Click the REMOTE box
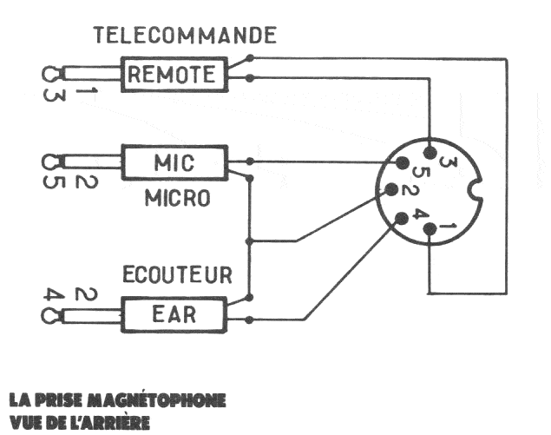click(173, 75)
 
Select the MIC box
click(173, 161)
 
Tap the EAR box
click(173, 313)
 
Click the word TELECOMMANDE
click(185, 36)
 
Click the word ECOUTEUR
click(177, 276)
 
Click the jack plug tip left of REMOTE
click(49, 75)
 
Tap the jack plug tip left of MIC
click(49, 161)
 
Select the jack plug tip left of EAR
click(49, 313)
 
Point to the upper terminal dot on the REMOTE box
click(250, 58)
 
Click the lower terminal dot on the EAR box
click(250, 320)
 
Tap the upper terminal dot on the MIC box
click(250, 161)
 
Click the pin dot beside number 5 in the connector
click(401, 162)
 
